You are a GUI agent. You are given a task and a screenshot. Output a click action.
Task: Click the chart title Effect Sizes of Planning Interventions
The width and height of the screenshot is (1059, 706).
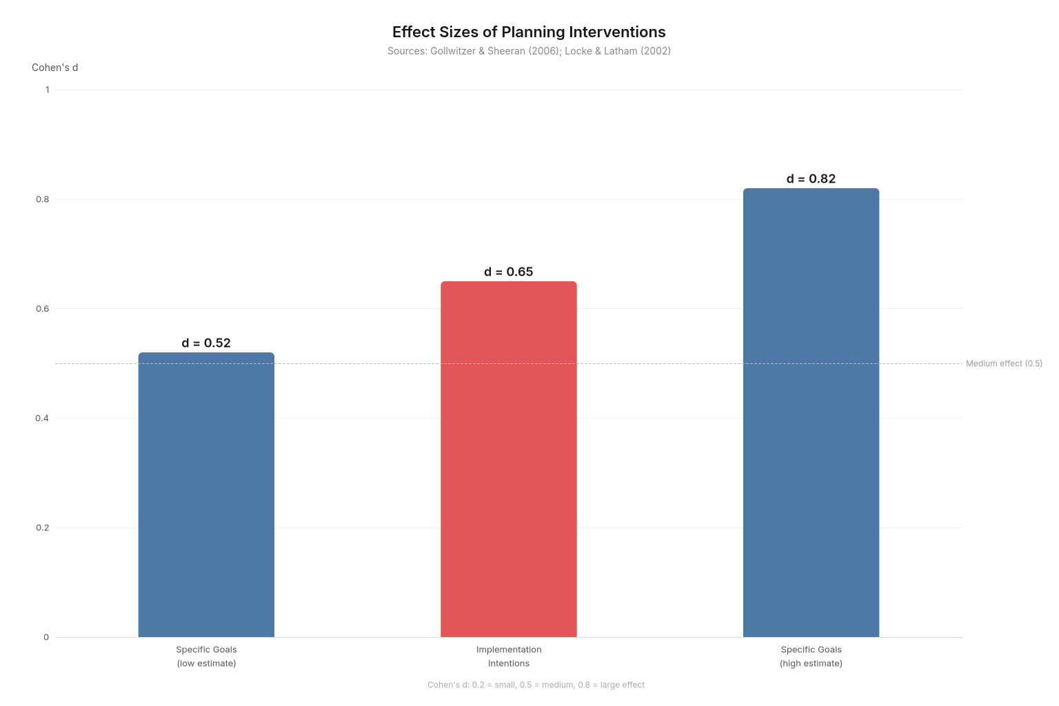(x=529, y=32)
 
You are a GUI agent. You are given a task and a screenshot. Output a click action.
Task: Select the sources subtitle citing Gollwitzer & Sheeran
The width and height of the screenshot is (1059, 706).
(x=529, y=51)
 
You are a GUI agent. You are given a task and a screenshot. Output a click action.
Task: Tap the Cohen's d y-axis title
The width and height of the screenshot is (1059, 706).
(x=54, y=68)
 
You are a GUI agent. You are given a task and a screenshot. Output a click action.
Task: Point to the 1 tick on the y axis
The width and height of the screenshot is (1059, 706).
(x=47, y=90)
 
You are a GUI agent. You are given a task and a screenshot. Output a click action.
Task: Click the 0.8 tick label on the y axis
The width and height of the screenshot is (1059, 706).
(x=43, y=199)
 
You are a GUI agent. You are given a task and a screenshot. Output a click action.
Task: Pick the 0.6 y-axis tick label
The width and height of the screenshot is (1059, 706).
(x=43, y=309)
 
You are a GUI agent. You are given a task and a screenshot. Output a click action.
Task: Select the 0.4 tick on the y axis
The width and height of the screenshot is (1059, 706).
(x=43, y=418)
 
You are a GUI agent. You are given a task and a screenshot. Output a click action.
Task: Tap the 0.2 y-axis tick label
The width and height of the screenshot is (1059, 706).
(x=43, y=528)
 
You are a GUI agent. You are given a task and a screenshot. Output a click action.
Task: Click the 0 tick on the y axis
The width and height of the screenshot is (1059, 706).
(x=46, y=637)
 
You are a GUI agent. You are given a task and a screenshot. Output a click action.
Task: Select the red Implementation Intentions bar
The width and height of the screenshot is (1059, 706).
(x=509, y=459)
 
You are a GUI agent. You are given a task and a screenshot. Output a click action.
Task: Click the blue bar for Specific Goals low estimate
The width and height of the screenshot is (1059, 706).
(x=206, y=495)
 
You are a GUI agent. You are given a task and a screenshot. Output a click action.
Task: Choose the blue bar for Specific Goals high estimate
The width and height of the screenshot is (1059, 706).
(x=811, y=412)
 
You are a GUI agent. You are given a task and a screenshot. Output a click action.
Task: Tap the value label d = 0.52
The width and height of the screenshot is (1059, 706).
(x=206, y=343)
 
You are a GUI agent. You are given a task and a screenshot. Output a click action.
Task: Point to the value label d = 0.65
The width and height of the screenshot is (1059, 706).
(x=509, y=272)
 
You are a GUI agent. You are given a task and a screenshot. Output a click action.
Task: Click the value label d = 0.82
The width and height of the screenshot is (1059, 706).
(x=811, y=179)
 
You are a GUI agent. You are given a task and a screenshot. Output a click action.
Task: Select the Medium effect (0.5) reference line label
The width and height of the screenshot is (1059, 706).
(x=1004, y=364)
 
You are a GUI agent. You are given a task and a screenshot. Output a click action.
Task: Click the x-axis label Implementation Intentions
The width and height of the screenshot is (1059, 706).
(x=509, y=656)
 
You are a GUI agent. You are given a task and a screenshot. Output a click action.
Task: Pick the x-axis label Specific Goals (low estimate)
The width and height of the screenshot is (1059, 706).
(x=206, y=656)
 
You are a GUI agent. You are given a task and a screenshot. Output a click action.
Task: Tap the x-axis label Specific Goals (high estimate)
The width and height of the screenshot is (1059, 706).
(x=811, y=656)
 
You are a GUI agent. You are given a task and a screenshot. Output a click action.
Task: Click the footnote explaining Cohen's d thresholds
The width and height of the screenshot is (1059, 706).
(x=536, y=685)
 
